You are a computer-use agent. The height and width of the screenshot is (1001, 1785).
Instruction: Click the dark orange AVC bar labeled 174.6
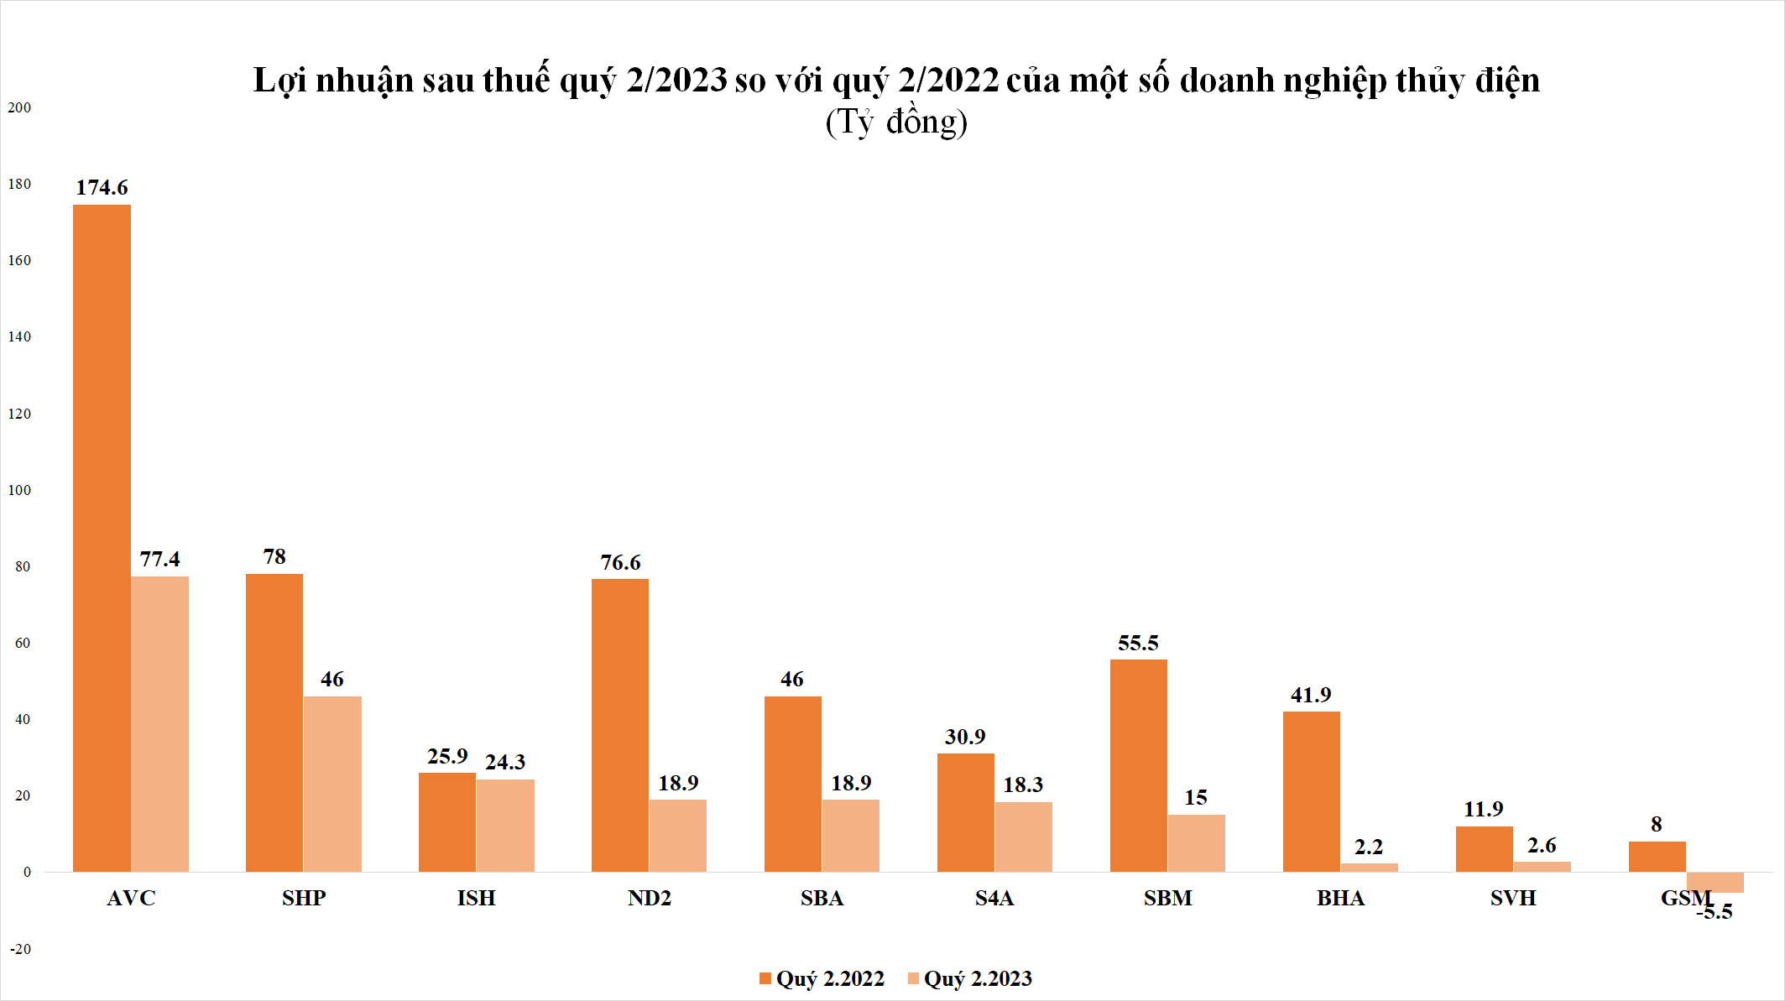102,537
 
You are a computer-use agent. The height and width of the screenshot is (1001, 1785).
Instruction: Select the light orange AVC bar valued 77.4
159,723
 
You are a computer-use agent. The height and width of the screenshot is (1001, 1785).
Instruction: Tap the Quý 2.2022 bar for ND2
619,725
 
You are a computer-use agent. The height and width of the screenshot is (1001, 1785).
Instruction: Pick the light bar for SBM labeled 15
1196,842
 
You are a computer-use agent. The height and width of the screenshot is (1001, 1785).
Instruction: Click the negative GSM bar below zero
1715,882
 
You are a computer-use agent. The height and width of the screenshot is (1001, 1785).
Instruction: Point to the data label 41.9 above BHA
1311,695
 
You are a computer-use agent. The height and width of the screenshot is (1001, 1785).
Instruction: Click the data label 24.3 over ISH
505,762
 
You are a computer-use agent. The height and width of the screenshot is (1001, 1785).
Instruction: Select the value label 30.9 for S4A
965,737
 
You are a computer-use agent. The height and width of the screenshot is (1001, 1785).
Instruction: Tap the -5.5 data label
1715,912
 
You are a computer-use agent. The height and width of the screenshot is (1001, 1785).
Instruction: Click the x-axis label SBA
822,898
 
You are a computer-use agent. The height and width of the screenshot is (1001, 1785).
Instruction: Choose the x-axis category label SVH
1513,898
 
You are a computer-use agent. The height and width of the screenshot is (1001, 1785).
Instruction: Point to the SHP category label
304,898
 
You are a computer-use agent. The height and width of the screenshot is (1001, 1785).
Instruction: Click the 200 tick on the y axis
19,107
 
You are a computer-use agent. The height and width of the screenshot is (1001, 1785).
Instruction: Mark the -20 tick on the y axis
20,949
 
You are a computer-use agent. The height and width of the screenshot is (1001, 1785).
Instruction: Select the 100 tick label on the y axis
19,490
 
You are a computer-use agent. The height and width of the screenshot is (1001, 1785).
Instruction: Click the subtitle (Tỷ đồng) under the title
896,122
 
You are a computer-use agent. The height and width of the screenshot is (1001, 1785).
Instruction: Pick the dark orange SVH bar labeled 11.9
1484,848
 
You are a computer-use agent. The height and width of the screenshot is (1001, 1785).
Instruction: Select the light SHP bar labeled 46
332,783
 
